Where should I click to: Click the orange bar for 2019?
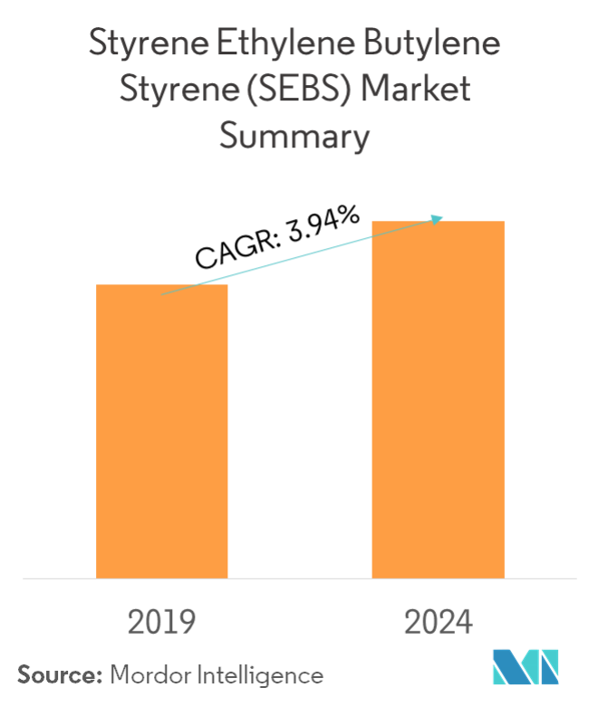[x=162, y=431]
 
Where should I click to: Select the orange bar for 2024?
[x=438, y=398]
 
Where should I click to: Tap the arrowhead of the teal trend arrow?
[x=439, y=218]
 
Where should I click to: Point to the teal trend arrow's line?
[x=299, y=256]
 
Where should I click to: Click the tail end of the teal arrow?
[x=161, y=294]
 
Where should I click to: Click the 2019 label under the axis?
[x=162, y=623]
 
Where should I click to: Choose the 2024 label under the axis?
[x=439, y=623]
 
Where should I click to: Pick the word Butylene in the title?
[x=433, y=43]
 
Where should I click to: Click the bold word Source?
[x=58, y=674]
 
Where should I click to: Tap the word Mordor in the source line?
[x=145, y=674]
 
